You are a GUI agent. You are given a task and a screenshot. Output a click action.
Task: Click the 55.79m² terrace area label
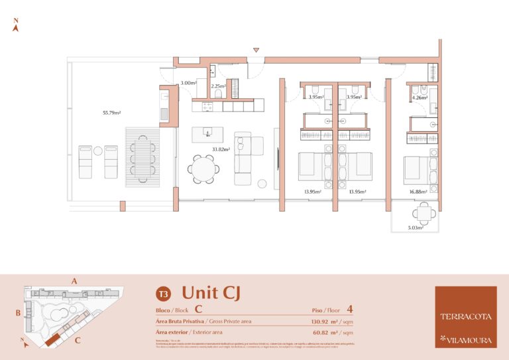pos(111,113)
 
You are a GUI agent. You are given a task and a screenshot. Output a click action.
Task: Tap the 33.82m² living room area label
pos(221,149)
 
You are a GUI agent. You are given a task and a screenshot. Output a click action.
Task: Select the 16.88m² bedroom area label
pos(418,192)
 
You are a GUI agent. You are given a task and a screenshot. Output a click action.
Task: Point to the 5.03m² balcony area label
pos(417,227)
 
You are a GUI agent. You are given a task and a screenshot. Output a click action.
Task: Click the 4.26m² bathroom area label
pos(419,97)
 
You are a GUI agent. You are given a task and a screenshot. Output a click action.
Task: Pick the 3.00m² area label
pos(189,83)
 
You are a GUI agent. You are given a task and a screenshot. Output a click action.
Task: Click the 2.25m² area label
pos(218,86)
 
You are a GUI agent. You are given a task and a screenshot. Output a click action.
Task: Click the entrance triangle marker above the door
pos(256,50)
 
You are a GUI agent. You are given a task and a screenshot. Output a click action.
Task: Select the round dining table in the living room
pos(201,168)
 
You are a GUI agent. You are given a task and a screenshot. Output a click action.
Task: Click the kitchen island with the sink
pos(207,134)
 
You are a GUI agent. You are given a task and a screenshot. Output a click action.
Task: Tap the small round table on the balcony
pos(423,213)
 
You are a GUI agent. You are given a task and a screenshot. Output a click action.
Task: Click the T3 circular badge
pos(162,293)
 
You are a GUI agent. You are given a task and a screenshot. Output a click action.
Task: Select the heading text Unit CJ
pos(211,292)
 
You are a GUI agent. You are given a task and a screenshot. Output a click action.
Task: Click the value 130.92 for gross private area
pos(324,321)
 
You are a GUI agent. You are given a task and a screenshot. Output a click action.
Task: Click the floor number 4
pos(349,308)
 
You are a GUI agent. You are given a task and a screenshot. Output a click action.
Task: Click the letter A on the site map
pos(75,281)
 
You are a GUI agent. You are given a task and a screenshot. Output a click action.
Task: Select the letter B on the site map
pos(19,312)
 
